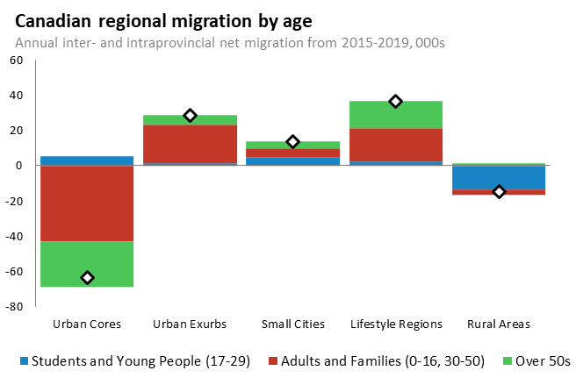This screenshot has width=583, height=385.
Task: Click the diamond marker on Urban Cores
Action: pyautogui.click(x=87, y=278)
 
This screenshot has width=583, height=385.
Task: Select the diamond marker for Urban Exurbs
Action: pyautogui.click(x=190, y=116)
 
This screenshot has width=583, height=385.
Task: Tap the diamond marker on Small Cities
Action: pyautogui.click(x=293, y=142)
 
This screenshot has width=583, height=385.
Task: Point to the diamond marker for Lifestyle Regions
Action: pyautogui.click(x=396, y=102)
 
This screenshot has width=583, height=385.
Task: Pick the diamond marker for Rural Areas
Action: pyautogui.click(x=499, y=191)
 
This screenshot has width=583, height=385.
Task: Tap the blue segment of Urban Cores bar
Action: pyautogui.click(x=87, y=160)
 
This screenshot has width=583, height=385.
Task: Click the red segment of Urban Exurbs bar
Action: pyautogui.click(x=190, y=144)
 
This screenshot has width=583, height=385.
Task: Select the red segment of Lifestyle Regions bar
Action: pyautogui.click(x=396, y=145)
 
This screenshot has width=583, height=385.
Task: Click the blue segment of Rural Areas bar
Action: pyautogui.click(x=499, y=177)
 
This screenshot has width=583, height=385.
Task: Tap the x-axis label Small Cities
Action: pyautogui.click(x=293, y=324)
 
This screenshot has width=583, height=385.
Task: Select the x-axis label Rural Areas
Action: pyautogui.click(x=499, y=324)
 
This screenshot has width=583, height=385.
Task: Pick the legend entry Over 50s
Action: pyautogui.click(x=540, y=360)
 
